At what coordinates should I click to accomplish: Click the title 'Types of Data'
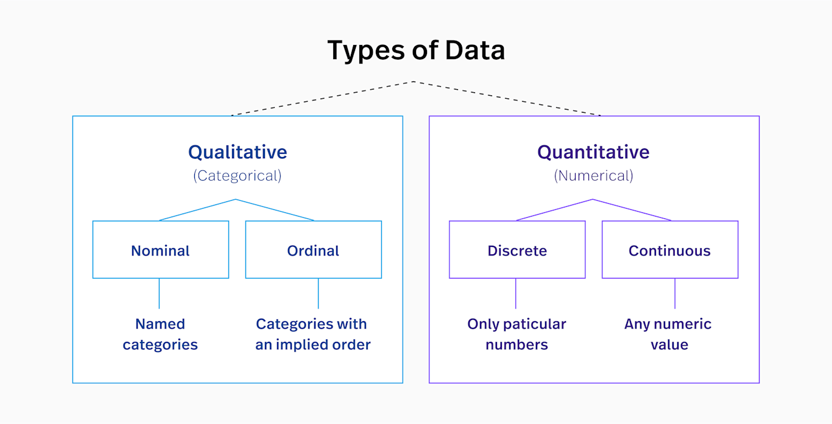[x=416, y=50]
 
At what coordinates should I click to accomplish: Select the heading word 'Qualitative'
[x=238, y=151]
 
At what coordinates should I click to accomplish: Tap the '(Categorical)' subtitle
[x=238, y=176]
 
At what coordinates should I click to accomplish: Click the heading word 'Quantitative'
[x=593, y=151]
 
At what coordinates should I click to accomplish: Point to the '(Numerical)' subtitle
[x=593, y=176]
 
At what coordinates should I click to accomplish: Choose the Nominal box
[x=161, y=250]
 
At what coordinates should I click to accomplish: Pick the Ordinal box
[x=313, y=250]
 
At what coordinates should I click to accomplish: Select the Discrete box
[x=517, y=250]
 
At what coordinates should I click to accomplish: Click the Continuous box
[x=670, y=250]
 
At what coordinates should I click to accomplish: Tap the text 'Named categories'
[x=160, y=334]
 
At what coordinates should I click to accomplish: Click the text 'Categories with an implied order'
[x=312, y=334]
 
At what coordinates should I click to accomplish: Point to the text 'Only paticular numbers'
[x=517, y=334]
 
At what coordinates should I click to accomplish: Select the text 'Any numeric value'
[x=668, y=334]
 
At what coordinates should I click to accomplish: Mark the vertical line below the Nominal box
[x=159, y=293]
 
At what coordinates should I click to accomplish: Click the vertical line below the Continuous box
[x=675, y=293]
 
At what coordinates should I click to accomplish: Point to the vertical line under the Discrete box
[x=516, y=293]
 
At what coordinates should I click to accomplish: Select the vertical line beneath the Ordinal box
[x=318, y=293]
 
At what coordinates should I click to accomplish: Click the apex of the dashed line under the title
[x=414, y=82]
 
